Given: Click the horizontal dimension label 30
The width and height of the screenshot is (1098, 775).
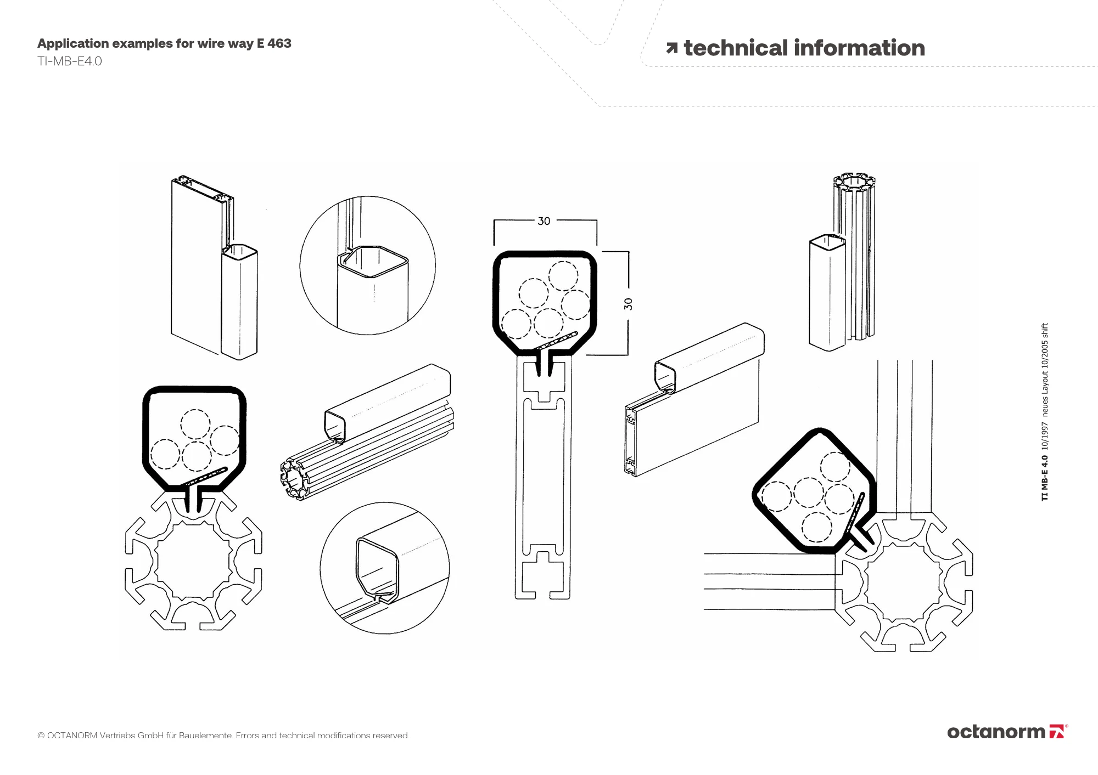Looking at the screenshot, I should (544, 221).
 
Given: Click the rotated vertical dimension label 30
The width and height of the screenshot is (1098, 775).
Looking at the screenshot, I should (629, 304).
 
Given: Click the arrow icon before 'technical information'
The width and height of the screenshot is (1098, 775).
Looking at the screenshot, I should (671, 49).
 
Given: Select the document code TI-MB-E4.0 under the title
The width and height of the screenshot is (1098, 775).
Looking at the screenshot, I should (70, 61).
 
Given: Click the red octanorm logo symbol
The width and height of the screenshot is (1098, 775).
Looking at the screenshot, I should (1057, 732).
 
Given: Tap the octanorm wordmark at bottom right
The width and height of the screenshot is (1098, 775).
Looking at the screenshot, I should (996, 732).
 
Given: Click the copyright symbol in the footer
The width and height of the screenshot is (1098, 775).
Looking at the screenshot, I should (41, 736).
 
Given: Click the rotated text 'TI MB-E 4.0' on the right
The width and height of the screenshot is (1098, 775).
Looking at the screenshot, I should (1045, 478).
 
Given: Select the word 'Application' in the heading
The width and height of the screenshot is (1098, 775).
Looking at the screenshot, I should (73, 43).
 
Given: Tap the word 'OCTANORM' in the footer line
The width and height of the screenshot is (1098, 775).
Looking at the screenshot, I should (72, 736).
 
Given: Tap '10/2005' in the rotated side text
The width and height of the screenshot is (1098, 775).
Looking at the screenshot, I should (1045, 357).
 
